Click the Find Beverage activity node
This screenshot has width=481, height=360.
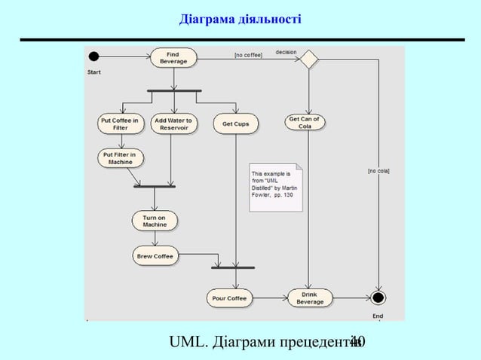tap(174, 58)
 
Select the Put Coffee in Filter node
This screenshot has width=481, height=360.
tap(120, 124)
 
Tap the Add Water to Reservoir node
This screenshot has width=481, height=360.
tap(173, 124)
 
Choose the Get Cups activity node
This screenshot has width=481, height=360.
tap(235, 124)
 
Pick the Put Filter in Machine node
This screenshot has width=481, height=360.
tap(121, 158)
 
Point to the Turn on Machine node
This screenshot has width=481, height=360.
tap(155, 221)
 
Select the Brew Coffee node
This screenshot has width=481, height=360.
tap(155, 256)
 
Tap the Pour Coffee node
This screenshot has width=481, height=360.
tap(229, 298)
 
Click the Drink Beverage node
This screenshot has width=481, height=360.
tap(310, 298)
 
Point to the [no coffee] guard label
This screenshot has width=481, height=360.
tap(248, 55)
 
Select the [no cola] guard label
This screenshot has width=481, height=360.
tap(378, 172)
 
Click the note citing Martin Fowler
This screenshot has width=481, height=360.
tap(275, 186)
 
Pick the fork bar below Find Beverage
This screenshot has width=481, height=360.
tap(174, 91)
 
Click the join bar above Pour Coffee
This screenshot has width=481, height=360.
tap(233, 267)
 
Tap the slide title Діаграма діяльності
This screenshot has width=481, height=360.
tap(240, 17)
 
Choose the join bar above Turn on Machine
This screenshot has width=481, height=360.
tap(154, 186)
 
